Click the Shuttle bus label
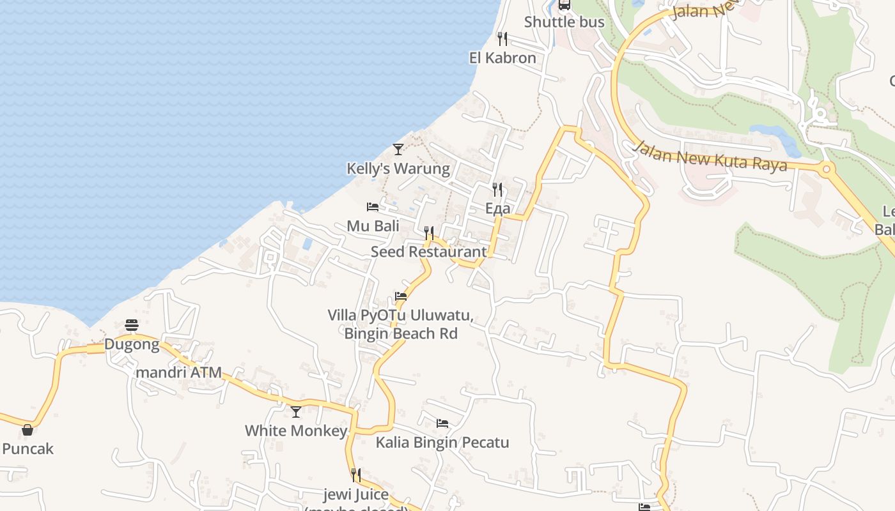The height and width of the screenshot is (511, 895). (x=564, y=22)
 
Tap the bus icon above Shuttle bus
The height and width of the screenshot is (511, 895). (x=564, y=5)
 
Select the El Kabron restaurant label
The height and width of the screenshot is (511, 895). (x=502, y=58)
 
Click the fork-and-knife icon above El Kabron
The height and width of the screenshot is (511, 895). (x=502, y=39)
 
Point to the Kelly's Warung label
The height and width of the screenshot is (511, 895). (x=398, y=169)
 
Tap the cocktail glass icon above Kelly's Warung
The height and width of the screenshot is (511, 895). (x=398, y=149)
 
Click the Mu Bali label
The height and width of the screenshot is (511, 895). (x=373, y=226)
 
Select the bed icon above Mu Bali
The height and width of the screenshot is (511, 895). (x=373, y=207)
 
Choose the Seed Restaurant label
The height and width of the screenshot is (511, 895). (x=429, y=252)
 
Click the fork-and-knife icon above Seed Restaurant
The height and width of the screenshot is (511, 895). (x=429, y=233)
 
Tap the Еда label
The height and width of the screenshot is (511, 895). (x=497, y=208)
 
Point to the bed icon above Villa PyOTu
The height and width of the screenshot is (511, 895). (x=401, y=296)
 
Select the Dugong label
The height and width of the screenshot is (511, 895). (x=132, y=345)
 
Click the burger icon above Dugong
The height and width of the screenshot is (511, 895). (x=132, y=325)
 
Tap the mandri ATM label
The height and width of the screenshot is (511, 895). (x=179, y=372)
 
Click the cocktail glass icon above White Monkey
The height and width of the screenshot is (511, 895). (x=295, y=412)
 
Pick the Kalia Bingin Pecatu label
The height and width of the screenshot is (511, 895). (x=442, y=443)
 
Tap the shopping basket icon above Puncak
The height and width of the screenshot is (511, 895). (x=27, y=430)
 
